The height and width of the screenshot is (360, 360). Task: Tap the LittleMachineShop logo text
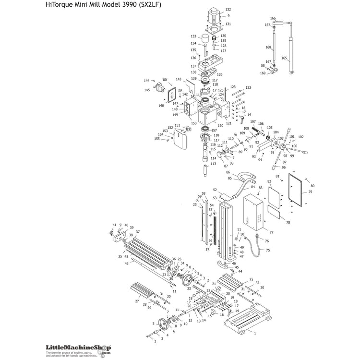pyautogui.click(x=75, y=348)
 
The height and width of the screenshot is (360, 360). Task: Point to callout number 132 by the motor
pyautogui.click(x=228, y=10)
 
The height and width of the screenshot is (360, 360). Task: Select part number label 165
pyautogui.click(x=284, y=59)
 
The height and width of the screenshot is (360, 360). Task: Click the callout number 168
pyautogui.click(x=269, y=47)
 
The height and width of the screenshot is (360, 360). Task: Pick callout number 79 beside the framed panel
pyautogui.click(x=310, y=192)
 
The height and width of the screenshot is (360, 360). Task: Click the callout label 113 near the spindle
pyautogui.click(x=213, y=164)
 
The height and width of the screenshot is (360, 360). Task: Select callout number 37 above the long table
pyautogui.click(x=137, y=232)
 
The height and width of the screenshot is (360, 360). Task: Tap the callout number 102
pyautogui.click(x=301, y=137)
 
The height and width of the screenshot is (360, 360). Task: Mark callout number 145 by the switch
pyautogui.click(x=147, y=90)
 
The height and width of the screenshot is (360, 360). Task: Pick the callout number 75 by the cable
pyautogui.click(x=268, y=250)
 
